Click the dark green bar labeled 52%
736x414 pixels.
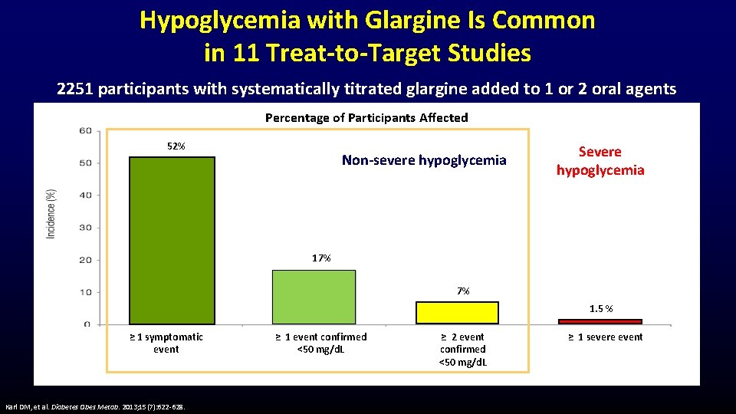[x=172, y=240]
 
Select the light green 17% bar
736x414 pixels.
[x=314, y=297]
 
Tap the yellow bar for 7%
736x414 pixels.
[x=457, y=313]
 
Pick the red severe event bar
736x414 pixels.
[x=600, y=321]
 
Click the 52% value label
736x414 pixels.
[x=176, y=146]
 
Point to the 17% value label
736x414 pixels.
[x=321, y=258]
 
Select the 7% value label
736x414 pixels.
[x=463, y=291]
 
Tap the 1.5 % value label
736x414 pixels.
[x=601, y=309]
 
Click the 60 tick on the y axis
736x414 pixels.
[x=85, y=130]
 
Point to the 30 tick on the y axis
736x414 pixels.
[x=85, y=228]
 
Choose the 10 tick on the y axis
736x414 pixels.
[x=85, y=292]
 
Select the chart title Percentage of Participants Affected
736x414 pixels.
[x=366, y=117]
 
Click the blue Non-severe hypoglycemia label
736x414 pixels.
[x=424, y=160]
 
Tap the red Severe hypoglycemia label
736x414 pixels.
[x=600, y=161]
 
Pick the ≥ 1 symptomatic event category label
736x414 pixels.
[x=166, y=343]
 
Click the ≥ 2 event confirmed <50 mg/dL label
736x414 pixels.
[x=462, y=349]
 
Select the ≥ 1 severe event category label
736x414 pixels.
[x=605, y=337]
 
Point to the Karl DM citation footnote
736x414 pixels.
[x=99, y=406]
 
